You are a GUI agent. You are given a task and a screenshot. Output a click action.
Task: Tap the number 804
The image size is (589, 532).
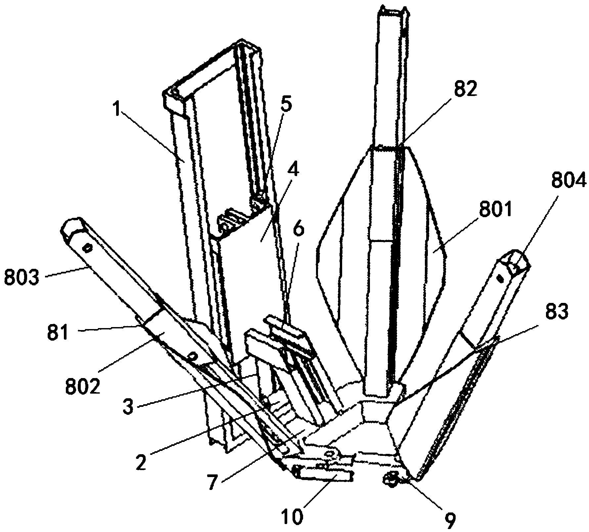[568, 182]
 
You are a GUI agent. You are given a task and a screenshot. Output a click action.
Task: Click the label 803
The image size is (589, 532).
[22, 277]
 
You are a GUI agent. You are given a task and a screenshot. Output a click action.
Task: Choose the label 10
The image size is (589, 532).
[292, 517]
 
